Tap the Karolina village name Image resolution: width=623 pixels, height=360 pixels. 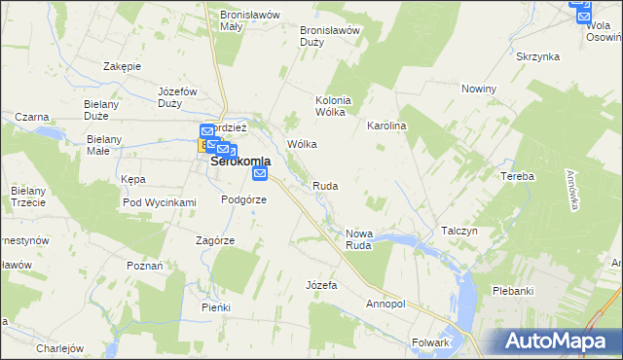point(385,126)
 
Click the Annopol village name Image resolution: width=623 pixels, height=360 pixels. point(385,304)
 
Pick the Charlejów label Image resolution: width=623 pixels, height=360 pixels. point(60,347)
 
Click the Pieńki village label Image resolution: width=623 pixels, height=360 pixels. point(216,307)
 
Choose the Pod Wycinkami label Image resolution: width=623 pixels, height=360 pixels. point(160,202)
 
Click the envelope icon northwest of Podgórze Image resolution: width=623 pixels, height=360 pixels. point(260,173)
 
